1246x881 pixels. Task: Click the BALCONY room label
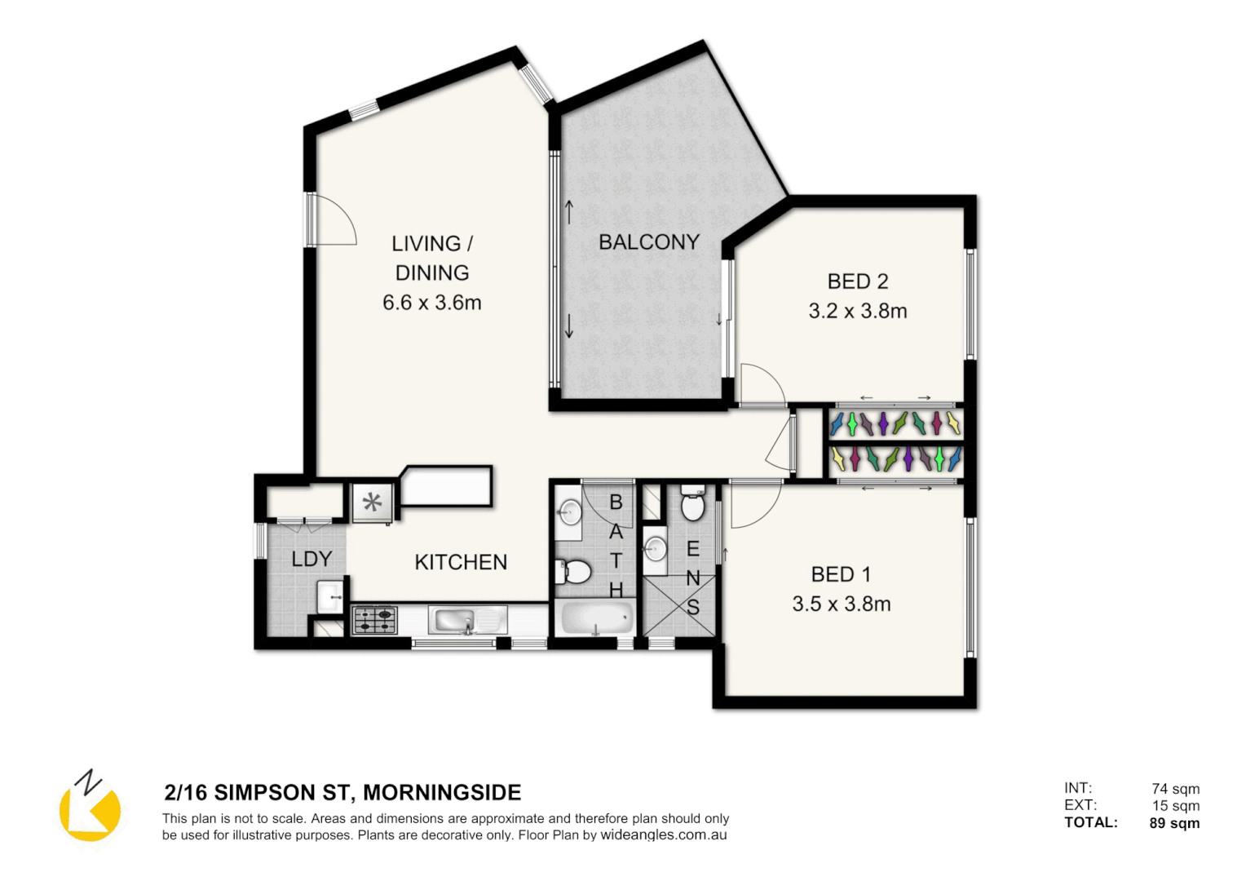coord(648,242)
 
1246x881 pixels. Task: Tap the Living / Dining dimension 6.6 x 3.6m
coord(431,303)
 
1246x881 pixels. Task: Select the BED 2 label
coord(857,281)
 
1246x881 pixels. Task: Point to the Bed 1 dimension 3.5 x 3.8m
coord(841,604)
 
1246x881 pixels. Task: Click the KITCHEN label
coord(461,562)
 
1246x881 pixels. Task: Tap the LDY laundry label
coord(311,559)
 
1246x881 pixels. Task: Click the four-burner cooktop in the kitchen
coord(374,620)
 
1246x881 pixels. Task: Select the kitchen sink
coord(455,621)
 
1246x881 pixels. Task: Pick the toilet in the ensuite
coord(692,505)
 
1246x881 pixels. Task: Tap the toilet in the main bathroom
coord(575,572)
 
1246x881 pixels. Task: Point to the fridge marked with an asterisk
coord(373,503)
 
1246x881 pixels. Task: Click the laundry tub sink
coord(330,596)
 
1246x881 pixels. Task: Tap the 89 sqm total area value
coord(1174,823)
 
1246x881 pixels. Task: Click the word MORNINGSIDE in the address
coord(442,793)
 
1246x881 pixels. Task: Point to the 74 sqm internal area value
coord(1175,789)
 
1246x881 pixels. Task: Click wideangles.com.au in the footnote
coord(663,835)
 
